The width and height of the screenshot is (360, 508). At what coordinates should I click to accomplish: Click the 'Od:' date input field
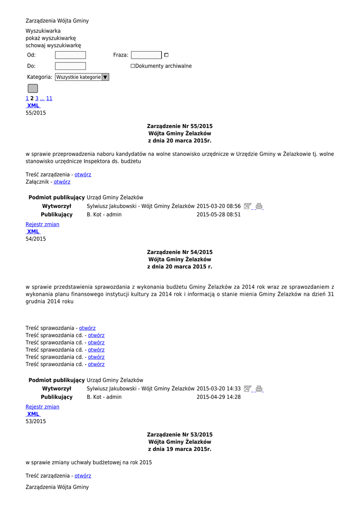(70, 55)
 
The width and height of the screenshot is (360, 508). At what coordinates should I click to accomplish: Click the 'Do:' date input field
(70, 66)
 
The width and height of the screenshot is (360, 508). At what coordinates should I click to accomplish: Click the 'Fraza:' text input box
(146, 55)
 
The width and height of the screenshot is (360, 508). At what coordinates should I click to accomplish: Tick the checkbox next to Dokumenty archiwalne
(133, 66)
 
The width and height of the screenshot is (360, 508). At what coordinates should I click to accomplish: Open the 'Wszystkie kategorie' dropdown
(82, 77)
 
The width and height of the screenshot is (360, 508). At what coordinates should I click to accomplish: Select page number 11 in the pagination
(49, 98)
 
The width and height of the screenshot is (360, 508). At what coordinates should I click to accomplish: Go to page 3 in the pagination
(37, 98)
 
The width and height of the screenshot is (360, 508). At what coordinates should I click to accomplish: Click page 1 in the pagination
(27, 98)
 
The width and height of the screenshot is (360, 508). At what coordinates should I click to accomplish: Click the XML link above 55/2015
(33, 106)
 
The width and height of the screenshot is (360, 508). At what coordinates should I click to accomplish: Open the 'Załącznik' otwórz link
(62, 182)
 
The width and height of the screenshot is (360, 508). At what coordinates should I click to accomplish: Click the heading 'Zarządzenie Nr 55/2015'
(179, 127)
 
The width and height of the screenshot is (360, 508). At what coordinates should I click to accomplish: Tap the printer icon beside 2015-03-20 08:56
(259, 206)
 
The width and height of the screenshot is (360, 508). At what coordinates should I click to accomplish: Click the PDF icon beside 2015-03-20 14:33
(248, 389)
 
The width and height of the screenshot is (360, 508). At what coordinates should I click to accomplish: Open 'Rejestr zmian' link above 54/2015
(42, 224)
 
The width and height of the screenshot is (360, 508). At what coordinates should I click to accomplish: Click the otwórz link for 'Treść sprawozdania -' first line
(87, 328)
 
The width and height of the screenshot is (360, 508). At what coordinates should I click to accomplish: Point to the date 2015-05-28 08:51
(218, 215)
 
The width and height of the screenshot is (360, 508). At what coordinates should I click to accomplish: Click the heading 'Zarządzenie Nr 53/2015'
(179, 435)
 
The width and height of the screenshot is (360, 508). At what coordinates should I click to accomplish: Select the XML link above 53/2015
(33, 414)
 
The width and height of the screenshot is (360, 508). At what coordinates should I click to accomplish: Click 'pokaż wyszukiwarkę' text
(51, 38)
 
